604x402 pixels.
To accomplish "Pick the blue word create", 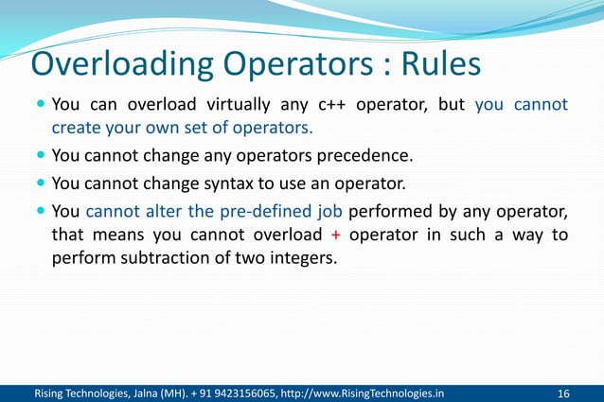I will pyautogui.click(x=75, y=128).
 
